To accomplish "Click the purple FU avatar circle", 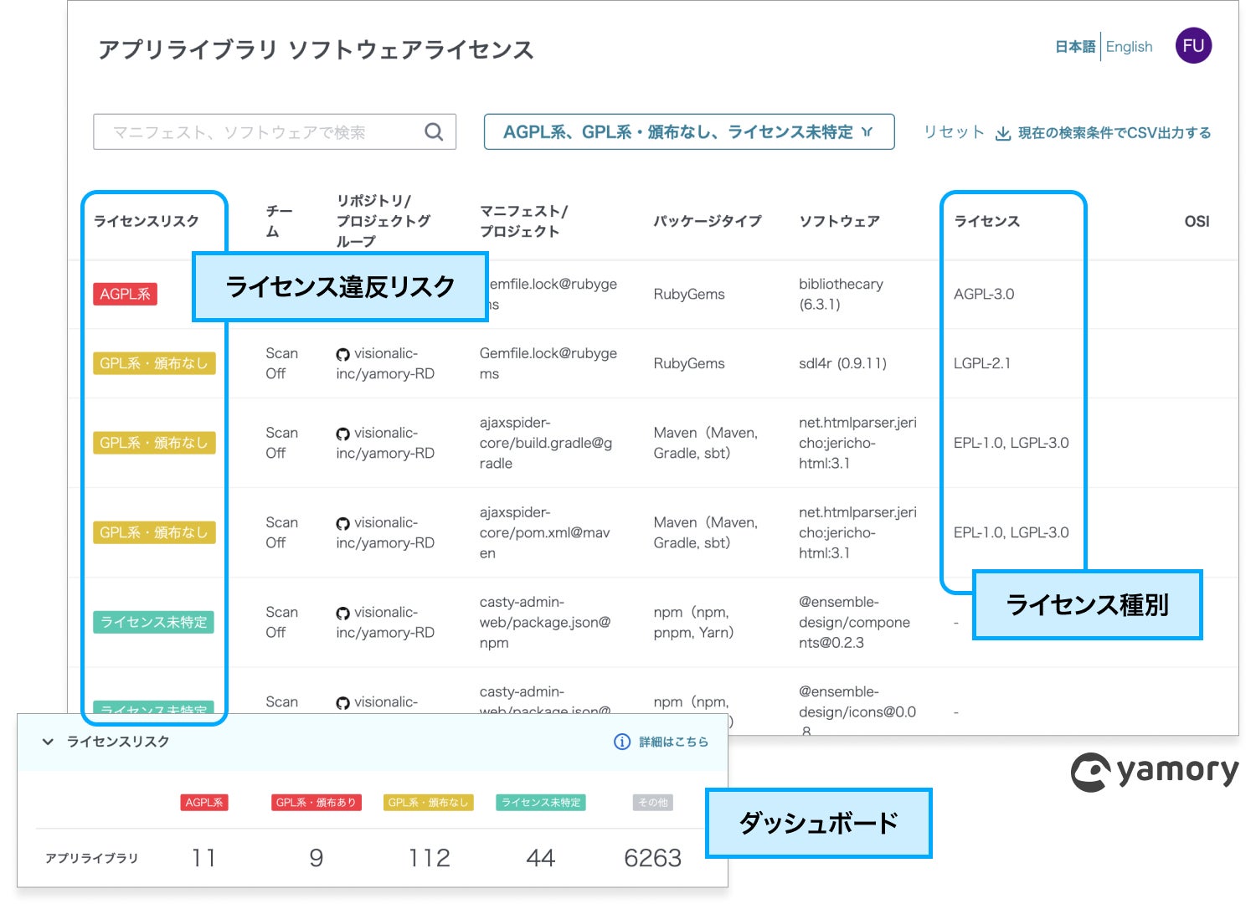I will pyautogui.click(x=1193, y=46).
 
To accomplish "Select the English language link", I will pyautogui.click(x=1129, y=47).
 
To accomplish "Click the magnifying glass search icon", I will pyautogui.click(x=434, y=132).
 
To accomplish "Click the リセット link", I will pyautogui.click(x=953, y=132).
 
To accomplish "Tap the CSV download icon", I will pyautogui.click(x=1002, y=133).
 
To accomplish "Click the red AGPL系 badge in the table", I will pyautogui.click(x=125, y=294).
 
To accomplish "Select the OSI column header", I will pyautogui.click(x=1197, y=221).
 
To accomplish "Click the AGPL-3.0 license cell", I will pyautogui.click(x=984, y=294).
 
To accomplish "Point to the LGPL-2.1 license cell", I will pyautogui.click(x=982, y=363).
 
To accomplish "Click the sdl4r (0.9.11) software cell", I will pyautogui.click(x=842, y=363).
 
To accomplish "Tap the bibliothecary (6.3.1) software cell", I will pyautogui.click(x=841, y=294).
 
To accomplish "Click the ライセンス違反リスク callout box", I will pyautogui.click(x=340, y=287).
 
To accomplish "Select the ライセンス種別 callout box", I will pyautogui.click(x=1087, y=604).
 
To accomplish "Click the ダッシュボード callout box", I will pyautogui.click(x=818, y=823).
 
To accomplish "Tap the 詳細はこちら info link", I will pyautogui.click(x=661, y=742).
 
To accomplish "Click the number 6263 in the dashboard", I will pyautogui.click(x=652, y=858).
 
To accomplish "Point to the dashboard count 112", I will pyautogui.click(x=429, y=858).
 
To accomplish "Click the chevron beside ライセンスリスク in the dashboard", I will pyautogui.click(x=48, y=742).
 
